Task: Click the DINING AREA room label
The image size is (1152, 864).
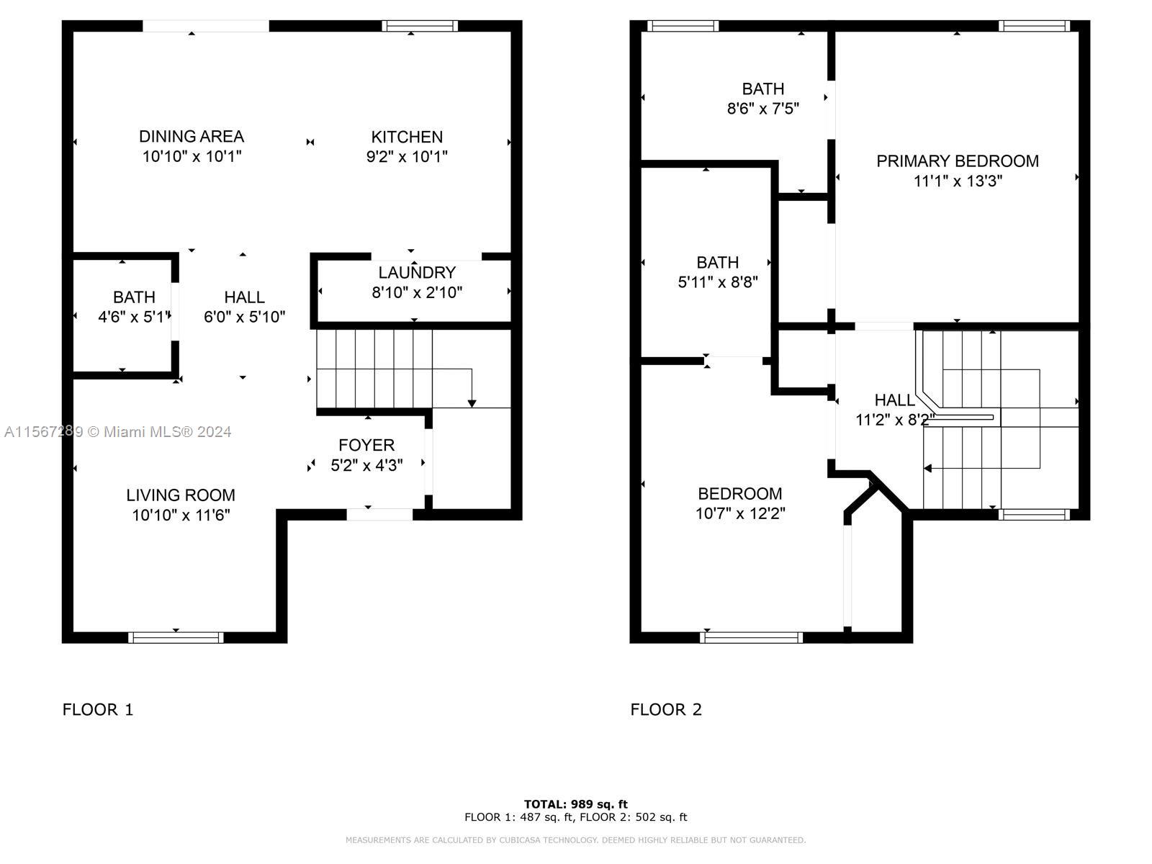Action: coord(192,136)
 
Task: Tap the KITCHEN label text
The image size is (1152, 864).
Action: coord(407,137)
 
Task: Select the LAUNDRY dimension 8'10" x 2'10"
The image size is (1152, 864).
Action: coord(417,292)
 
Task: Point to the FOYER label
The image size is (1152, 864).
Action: coord(366,446)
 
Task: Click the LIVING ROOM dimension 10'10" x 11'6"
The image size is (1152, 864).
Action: coord(181,515)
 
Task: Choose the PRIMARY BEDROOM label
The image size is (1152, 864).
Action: coord(958,161)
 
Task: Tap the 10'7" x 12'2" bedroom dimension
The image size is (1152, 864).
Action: coord(740,513)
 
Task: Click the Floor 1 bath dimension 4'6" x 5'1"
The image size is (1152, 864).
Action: coord(135,317)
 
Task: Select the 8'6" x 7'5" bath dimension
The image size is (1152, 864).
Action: coord(762,109)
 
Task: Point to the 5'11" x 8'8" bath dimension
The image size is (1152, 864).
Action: coord(717,282)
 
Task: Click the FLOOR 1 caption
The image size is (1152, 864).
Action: coord(98,710)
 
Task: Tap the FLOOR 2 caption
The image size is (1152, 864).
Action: coord(665,710)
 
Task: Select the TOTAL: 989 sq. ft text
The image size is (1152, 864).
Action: coord(576,804)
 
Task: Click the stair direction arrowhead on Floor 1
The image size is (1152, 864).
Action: coord(472,403)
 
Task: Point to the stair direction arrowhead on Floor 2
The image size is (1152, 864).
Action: coord(927,468)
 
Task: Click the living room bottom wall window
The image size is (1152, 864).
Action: coord(176,637)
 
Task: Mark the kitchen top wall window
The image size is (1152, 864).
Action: coord(419,26)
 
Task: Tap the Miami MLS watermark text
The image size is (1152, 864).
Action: coord(117,432)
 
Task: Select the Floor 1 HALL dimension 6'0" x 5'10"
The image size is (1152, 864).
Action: coord(245,317)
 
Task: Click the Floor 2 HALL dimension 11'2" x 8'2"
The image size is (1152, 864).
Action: coord(895,420)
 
